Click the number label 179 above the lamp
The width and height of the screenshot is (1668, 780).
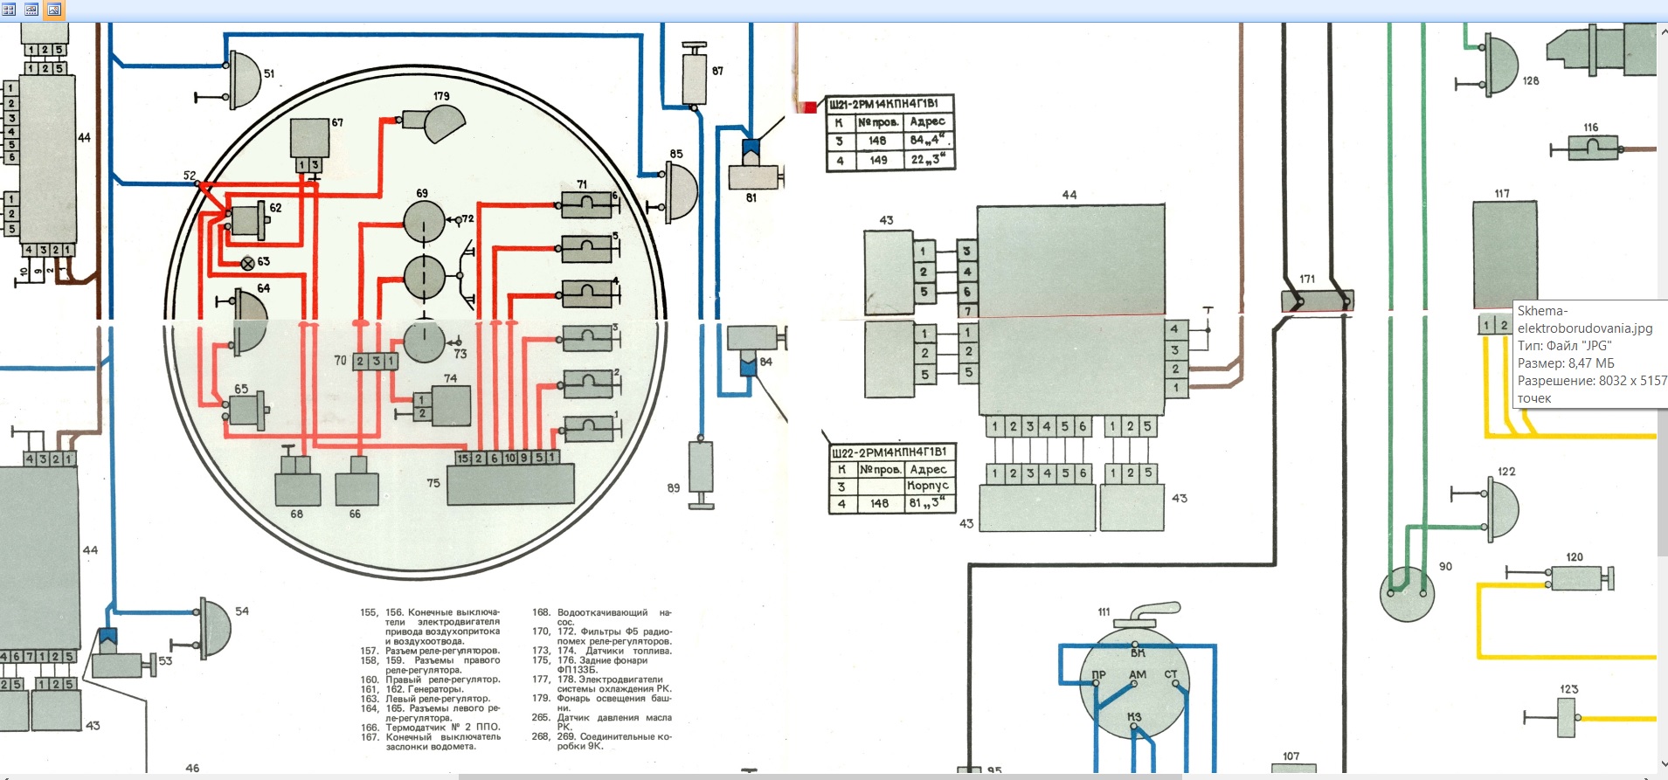[x=441, y=96]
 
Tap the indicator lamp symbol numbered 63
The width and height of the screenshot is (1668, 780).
[x=247, y=263]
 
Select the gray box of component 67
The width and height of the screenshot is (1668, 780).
[x=309, y=138]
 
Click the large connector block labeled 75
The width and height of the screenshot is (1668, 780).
[x=510, y=484]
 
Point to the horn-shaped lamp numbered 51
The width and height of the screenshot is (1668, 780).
[x=245, y=79]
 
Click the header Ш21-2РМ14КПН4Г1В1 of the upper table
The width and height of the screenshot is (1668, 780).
[x=888, y=104]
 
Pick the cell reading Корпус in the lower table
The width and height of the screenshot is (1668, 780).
[x=927, y=486]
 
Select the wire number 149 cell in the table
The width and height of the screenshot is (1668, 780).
[x=878, y=160]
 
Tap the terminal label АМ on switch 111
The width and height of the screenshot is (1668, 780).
[x=1137, y=674]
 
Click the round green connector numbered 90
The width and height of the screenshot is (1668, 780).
[x=1406, y=594]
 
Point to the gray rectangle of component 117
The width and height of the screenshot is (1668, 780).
[x=1505, y=254]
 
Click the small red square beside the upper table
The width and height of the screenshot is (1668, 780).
[x=810, y=107]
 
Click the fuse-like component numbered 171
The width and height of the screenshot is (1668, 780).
[x=1318, y=300]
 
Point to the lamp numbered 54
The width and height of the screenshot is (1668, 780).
[x=216, y=627]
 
